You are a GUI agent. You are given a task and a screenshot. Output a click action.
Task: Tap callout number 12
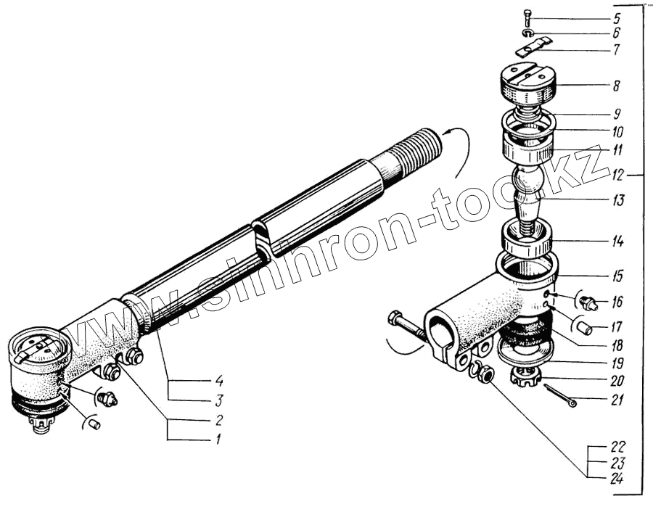pos(616,176)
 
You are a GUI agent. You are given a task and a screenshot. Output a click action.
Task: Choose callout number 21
pos(615,400)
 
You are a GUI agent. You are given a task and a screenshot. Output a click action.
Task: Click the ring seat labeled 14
pos(527,239)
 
